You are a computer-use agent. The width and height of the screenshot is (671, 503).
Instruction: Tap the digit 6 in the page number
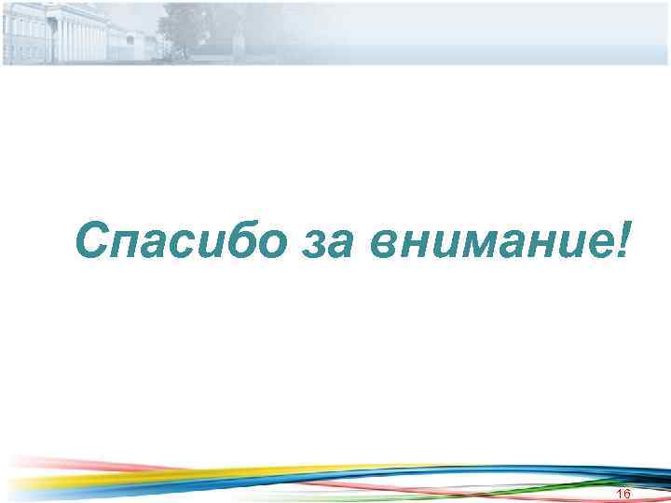(x=627, y=493)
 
